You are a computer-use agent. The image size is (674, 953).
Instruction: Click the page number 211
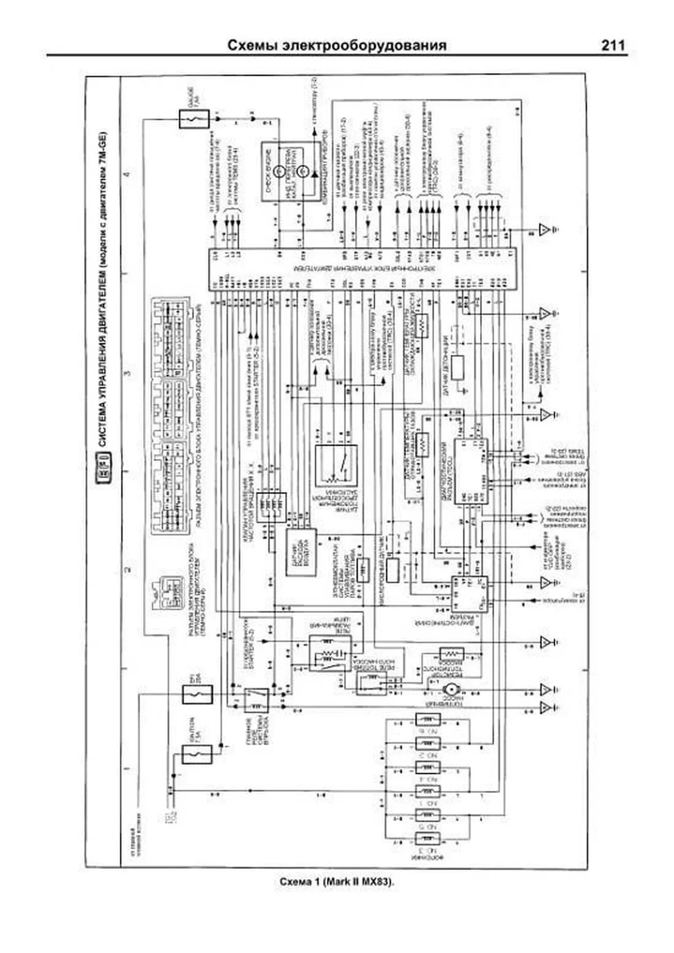pyautogui.click(x=613, y=45)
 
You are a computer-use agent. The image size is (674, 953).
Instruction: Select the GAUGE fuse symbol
pyautogui.click(x=194, y=119)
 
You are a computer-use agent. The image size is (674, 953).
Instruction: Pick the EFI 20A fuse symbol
pyautogui.click(x=198, y=695)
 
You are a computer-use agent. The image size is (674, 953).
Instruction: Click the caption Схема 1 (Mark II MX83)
pyautogui.click(x=337, y=882)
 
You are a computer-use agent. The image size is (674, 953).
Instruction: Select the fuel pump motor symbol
pyautogui.click(x=449, y=690)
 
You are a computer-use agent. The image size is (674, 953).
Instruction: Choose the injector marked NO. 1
pyautogui.click(x=428, y=815)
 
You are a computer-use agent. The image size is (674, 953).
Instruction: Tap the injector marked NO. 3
pyautogui.click(x=428, y=839)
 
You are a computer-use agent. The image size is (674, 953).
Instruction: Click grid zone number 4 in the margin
pyautogui.click(x=127, y=174)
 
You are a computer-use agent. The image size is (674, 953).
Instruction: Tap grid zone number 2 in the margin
pyautogui.click(x=127, y=571)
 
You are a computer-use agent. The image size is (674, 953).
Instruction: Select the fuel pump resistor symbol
pyautogui.click(x=451, y=654)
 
